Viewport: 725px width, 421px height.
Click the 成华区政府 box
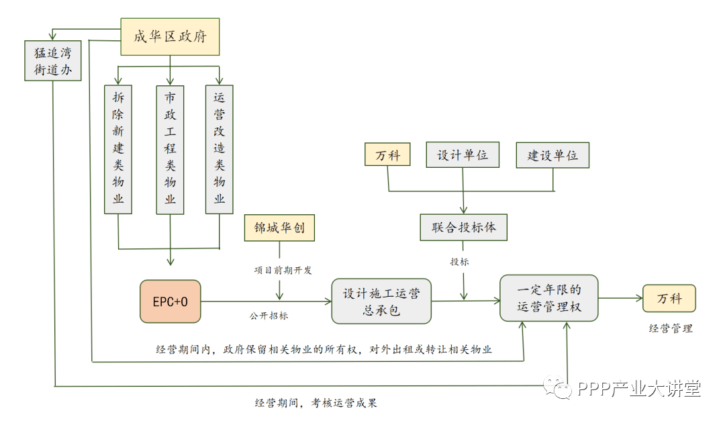pos(170,37)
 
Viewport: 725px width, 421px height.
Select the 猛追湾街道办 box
pos(52,60)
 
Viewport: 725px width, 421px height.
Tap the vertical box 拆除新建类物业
pos(118,149)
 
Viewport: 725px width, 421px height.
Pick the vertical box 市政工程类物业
pos(170,149)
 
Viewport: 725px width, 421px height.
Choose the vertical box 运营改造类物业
pos(220,149)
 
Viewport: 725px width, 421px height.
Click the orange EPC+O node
pos(170,301)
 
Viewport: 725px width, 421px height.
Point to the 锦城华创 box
pos(279,228)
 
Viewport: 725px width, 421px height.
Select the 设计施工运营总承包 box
pos(381,301)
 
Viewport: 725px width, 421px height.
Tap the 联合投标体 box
pos(463,227)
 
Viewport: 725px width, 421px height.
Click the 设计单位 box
pos(463,155)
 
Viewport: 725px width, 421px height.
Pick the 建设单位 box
pos(552,155)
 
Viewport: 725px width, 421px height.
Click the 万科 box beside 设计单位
pos(388,155)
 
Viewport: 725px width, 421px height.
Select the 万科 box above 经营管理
pos(669,298)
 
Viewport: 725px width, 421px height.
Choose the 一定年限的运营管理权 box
pos(548,298)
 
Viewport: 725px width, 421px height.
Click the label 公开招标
pos(269,315)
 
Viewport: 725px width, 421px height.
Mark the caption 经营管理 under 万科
pos(670,328)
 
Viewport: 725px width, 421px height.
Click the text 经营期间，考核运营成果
pos(320,403)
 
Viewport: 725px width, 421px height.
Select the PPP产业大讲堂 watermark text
pos(638,388)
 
